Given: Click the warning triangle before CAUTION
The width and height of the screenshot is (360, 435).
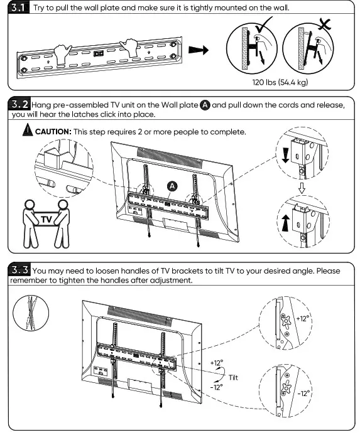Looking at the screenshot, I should (27, 132).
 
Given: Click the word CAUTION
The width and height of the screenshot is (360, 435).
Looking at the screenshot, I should (53, 132).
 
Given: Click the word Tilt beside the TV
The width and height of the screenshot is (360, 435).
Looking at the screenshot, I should (234, 377).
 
